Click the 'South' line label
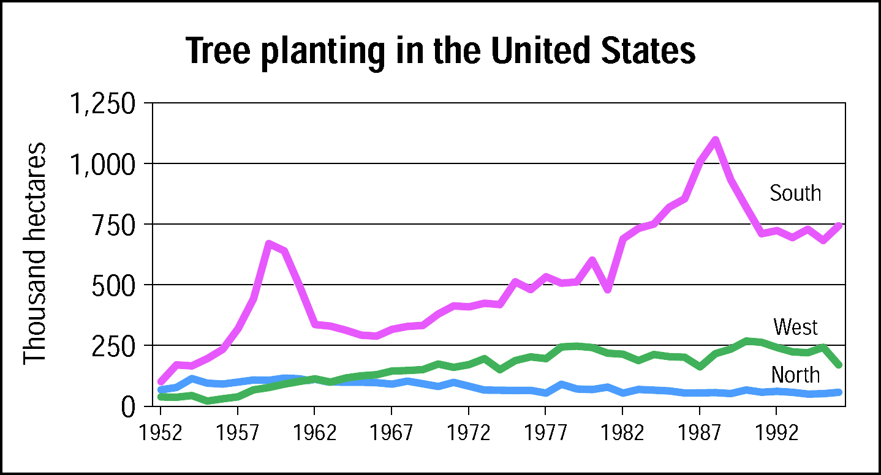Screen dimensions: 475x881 tap(795, 193)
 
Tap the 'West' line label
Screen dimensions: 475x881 tap(795, 327)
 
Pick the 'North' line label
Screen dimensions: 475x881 tap(795, 375)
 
